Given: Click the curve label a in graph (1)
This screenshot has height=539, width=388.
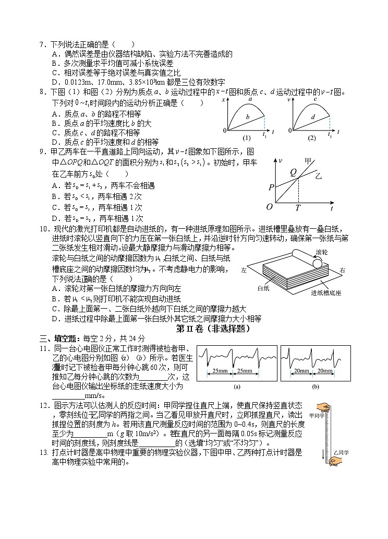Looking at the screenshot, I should tap(250, 98).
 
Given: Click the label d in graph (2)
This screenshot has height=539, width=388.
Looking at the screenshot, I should tap(313, 117).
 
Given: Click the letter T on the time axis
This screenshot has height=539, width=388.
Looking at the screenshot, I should tap(298, 207).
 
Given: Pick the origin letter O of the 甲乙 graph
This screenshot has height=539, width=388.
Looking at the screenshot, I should tap(270, 207).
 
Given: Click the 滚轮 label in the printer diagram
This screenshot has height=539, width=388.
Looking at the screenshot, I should tap(322, 252).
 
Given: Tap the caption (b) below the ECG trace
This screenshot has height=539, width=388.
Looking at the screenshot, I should tap(315, 387).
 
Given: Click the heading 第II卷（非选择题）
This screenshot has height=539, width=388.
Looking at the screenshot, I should tap(213, 329).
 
